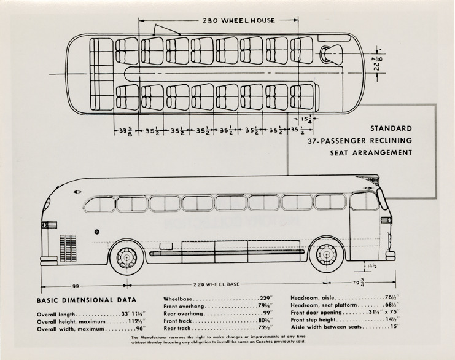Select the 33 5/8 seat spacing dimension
tap(125, 131)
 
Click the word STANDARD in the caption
tap(391, 129)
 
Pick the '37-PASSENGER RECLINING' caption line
tap(360, 141)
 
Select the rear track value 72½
tap(265, 329)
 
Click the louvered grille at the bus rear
tap(68, 248)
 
